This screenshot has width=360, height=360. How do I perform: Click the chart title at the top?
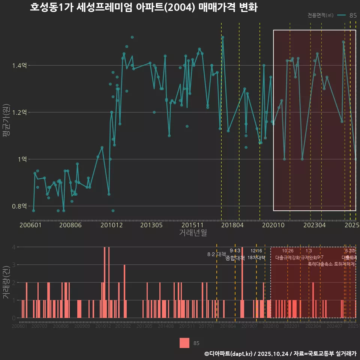coord(144,7)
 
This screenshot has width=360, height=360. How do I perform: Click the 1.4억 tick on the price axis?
coord(19,66)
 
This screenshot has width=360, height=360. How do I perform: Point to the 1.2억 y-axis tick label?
coord(19,112)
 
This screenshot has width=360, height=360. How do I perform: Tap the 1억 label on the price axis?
coord(22,159)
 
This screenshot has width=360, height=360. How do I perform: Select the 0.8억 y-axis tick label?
coord(19,206)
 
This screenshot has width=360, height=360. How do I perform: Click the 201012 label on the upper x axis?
coord(111,225)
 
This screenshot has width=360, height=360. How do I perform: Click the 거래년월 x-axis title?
coord(193,233)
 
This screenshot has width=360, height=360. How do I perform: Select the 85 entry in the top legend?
coord(352,15)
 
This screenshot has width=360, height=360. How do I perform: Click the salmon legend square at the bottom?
coord(184,343)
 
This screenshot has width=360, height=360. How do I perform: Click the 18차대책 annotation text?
coord(256,258)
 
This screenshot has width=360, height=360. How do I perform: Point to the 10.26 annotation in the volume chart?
coord(288,251)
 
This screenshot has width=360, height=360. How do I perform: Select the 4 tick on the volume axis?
coord(13,247)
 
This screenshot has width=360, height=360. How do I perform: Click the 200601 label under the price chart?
coord(30,225)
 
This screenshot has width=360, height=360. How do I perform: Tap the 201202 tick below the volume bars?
coord(123,327)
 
